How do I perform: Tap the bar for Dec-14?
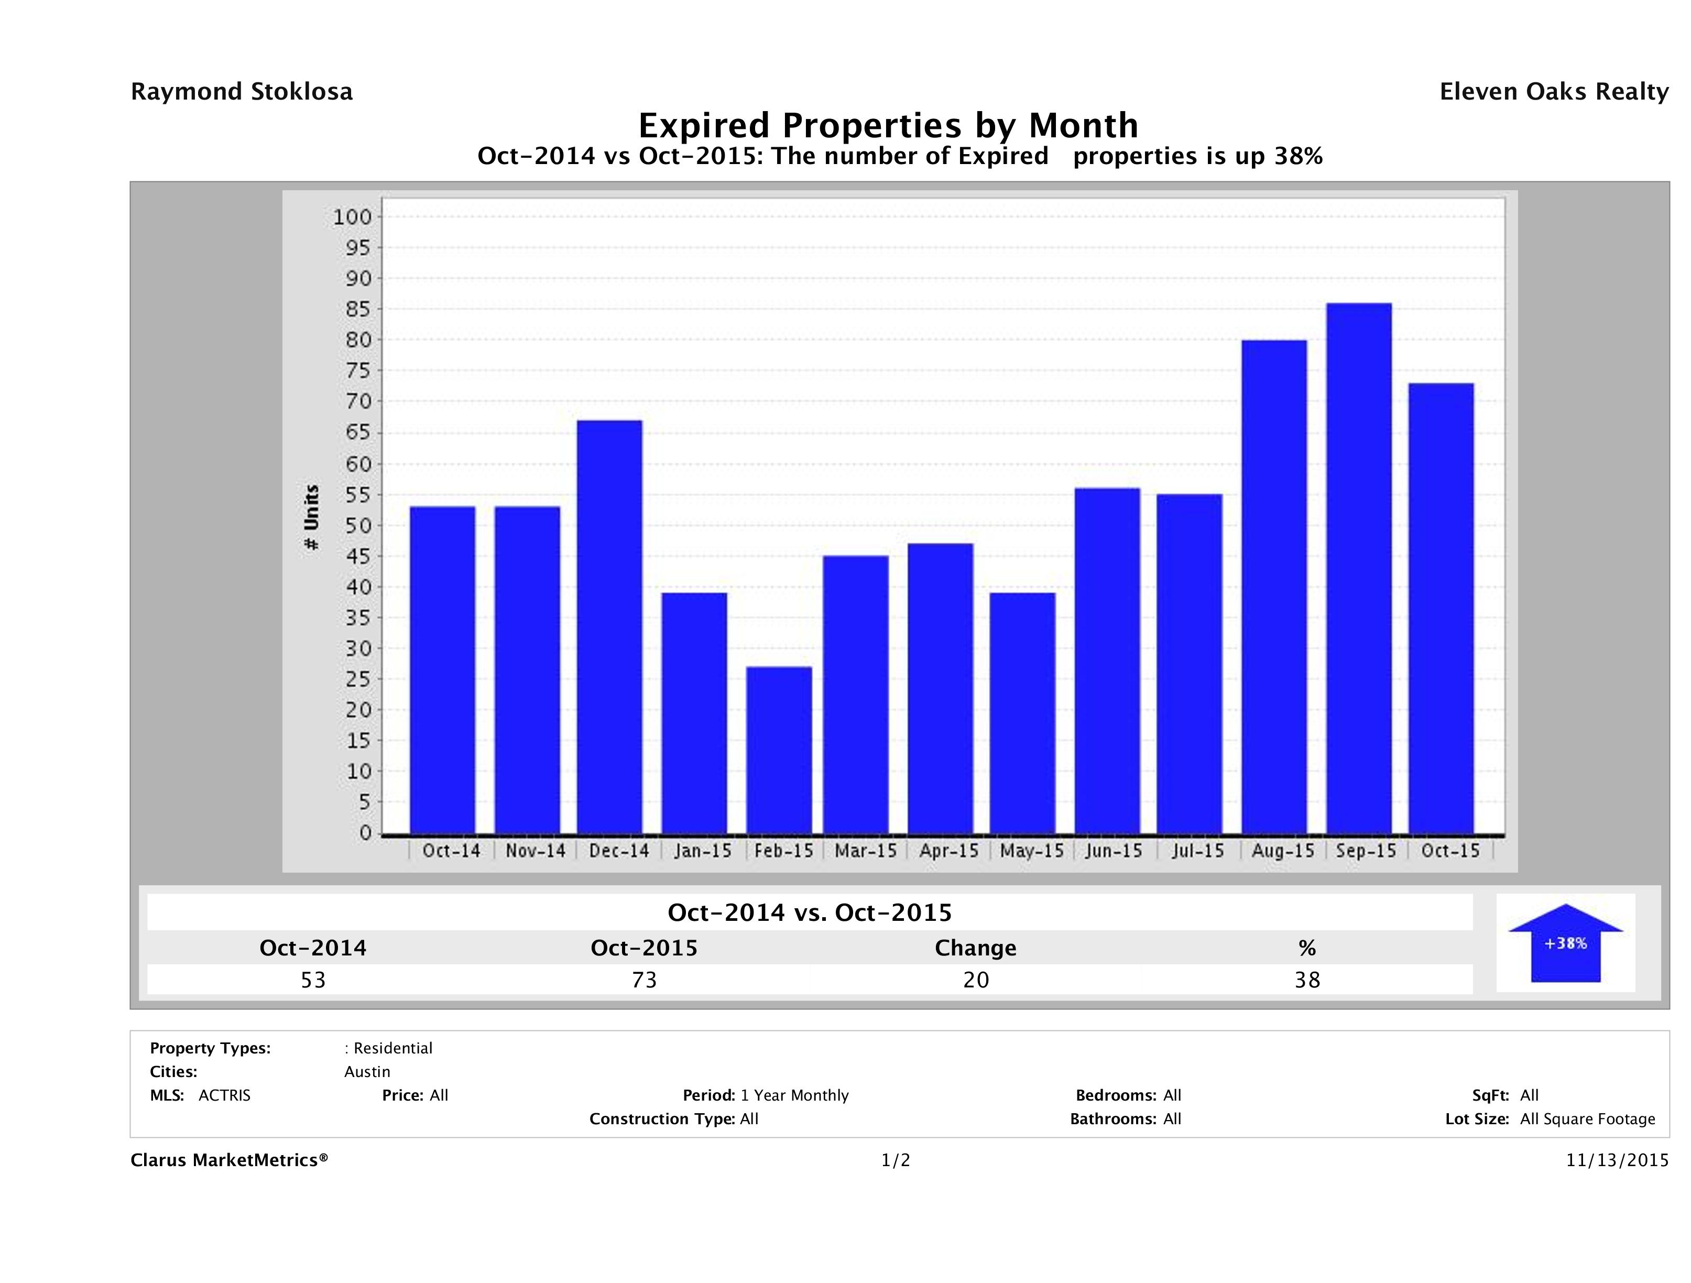coord(610,627)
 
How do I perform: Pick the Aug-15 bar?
coord(1274,586)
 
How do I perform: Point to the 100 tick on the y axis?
coord(352,217)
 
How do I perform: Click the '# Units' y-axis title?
coord(311,518)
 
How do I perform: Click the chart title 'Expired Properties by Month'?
coord(888,125)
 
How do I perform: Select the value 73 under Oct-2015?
coord(645,980)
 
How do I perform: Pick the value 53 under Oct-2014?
coord(313,980)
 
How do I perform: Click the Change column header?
coord(976,948)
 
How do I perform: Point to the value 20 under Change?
coord(976,980)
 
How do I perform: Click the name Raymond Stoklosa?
coord(242,92)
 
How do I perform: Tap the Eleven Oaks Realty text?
coord(1553,92)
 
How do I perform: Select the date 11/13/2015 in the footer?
coord(1617,1161)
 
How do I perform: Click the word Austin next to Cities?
coord(367,1072)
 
